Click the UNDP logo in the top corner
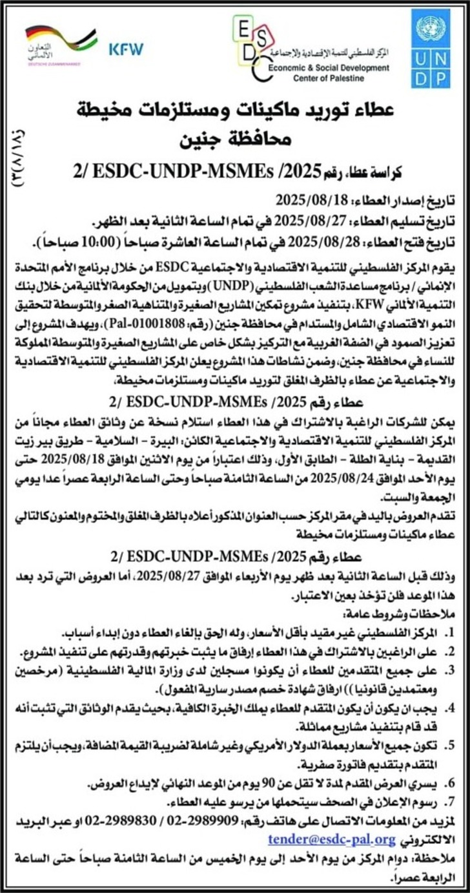(x=431, y=49)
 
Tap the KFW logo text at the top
(x=126, y=49)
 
